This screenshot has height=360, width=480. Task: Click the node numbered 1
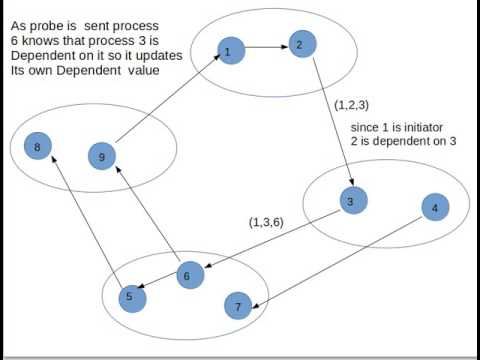point(229,50)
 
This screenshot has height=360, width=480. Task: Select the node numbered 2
point(298,44)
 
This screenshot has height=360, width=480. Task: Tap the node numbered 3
point(349,201)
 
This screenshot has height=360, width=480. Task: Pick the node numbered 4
point(434,208)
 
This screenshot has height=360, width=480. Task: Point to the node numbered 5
point(128,296)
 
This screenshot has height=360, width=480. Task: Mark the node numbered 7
point(237,306)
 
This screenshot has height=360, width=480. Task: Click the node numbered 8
point(37,147)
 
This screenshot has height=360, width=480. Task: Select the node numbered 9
point(101,155)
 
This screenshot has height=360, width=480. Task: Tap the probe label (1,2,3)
point(353,103)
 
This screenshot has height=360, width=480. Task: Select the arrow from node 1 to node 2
point(264,46)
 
